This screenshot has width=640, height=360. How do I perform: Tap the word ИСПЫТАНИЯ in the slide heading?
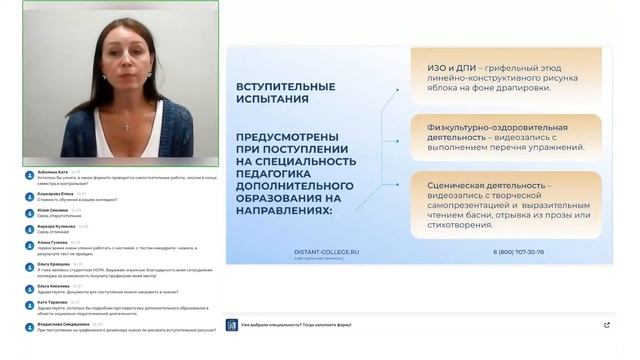pos(273,100)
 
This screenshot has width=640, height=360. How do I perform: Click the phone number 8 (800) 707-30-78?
pos(520,252)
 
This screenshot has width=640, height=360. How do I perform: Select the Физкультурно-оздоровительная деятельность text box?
pos(506,138)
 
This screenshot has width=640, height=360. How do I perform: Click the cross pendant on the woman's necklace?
pos(126,127)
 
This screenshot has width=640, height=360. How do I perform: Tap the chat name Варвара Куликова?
pos(55,226)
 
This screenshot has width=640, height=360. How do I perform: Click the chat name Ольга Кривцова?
pos(53,265)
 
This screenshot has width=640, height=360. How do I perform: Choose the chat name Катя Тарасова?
pos(52,302)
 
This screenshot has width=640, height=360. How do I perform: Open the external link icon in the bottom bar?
pos(607,325)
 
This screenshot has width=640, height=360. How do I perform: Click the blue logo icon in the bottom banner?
pos(232,325)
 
